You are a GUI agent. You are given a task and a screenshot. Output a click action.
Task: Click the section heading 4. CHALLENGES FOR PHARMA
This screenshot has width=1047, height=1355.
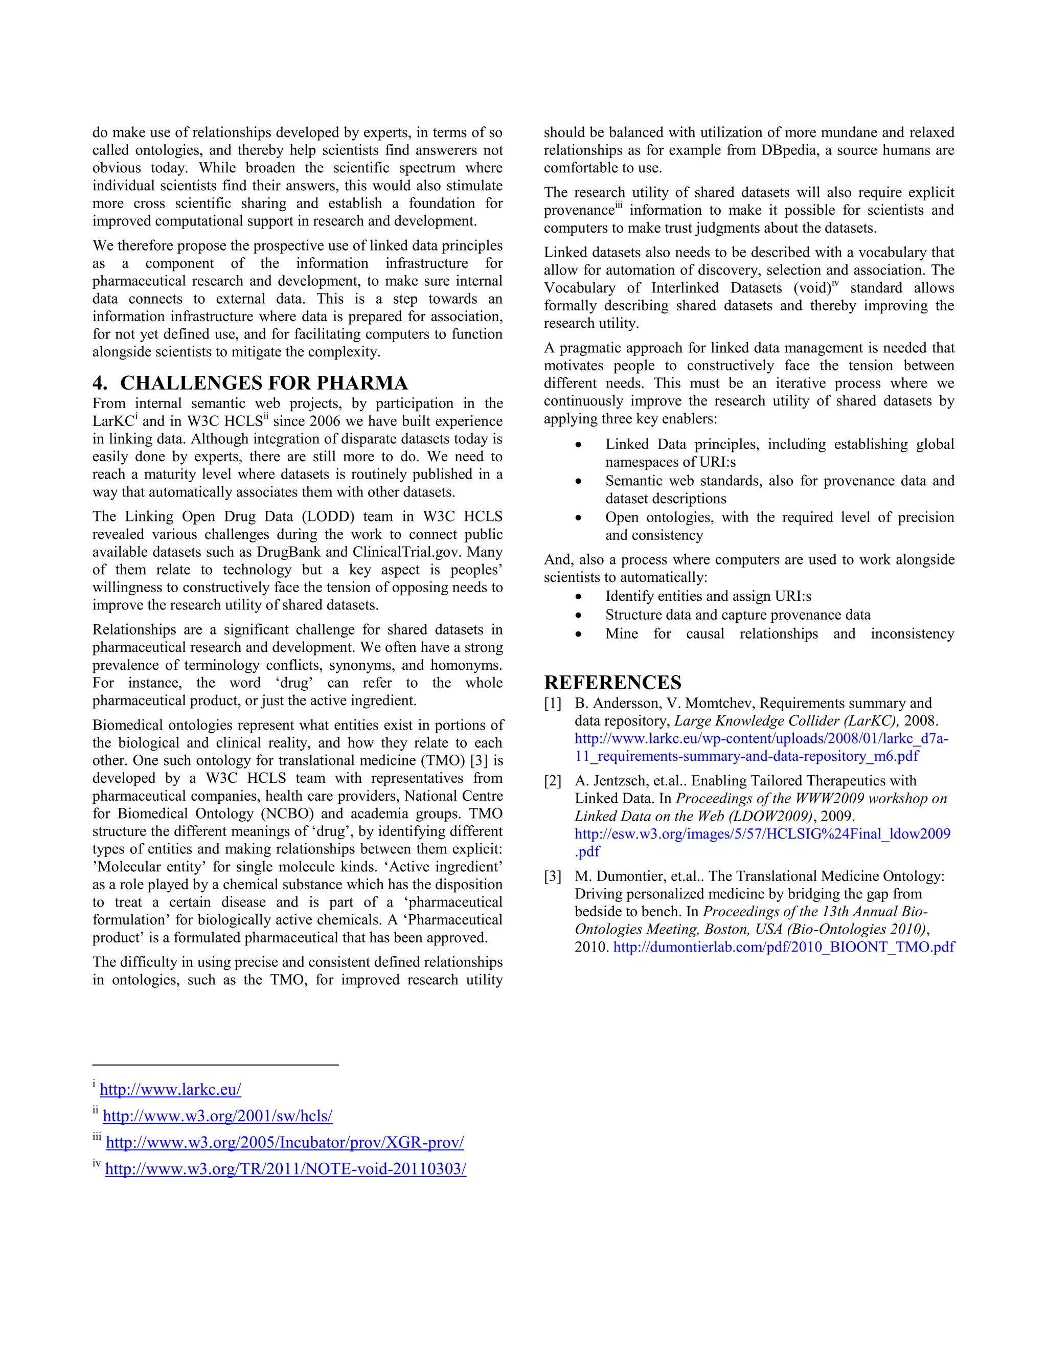pos(250,383)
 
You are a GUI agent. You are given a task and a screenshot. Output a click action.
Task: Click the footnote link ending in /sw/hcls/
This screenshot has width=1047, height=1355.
pos(217,1116)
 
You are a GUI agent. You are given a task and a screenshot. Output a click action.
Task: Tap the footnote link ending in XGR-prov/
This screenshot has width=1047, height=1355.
pos(285,1142)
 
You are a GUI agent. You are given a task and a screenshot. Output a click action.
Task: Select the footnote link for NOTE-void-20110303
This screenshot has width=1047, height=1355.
pos(285,1169)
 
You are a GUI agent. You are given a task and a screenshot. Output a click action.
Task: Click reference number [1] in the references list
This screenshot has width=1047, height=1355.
pos(553,704)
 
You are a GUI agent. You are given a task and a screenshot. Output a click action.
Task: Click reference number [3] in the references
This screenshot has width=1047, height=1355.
pos(553,876)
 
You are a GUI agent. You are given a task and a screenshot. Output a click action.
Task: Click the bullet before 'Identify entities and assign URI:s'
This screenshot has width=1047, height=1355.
pos(578,597)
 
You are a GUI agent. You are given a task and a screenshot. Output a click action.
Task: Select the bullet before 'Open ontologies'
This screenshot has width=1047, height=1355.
pos(578,518)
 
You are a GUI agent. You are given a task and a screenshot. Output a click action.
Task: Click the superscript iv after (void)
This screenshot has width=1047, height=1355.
pos(835,284)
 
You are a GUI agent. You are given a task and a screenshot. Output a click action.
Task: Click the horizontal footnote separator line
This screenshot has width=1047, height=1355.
pos(215,1065)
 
